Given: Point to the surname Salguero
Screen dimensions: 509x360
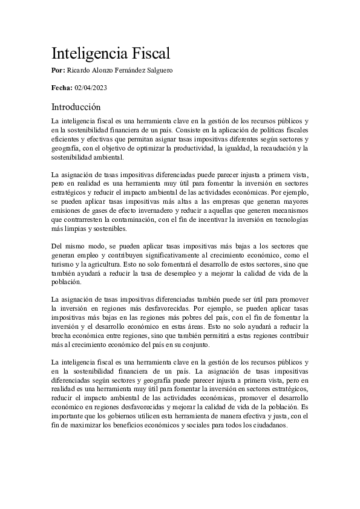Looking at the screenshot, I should [x=158, y=71].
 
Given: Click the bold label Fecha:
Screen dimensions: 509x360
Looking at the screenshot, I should [x=62, y=88].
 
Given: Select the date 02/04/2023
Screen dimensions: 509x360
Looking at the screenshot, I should [x=91, y=88].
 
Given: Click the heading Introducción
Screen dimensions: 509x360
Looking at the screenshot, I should [x=76, y=107].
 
